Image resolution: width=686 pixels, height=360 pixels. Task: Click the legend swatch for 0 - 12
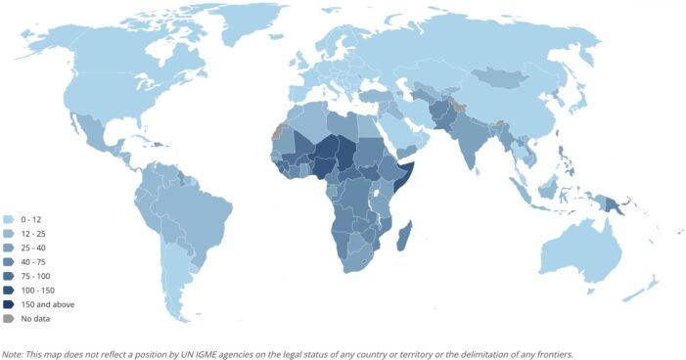point(9,219)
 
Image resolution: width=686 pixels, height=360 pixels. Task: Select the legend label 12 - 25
point(32,234)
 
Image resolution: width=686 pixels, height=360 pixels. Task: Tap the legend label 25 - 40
point(32,247)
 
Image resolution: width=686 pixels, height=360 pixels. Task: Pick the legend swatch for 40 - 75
point(9,262)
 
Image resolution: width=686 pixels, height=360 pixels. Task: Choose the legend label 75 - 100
point(34,276)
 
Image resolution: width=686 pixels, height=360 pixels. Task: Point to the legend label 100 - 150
point(36,291)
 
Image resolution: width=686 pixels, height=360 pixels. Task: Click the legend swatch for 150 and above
point(9,304)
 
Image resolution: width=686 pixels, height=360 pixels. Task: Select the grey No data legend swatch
point(9,319)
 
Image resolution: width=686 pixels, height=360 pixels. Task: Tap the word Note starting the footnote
point(14,353)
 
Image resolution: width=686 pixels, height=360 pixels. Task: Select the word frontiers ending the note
point(554,353)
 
